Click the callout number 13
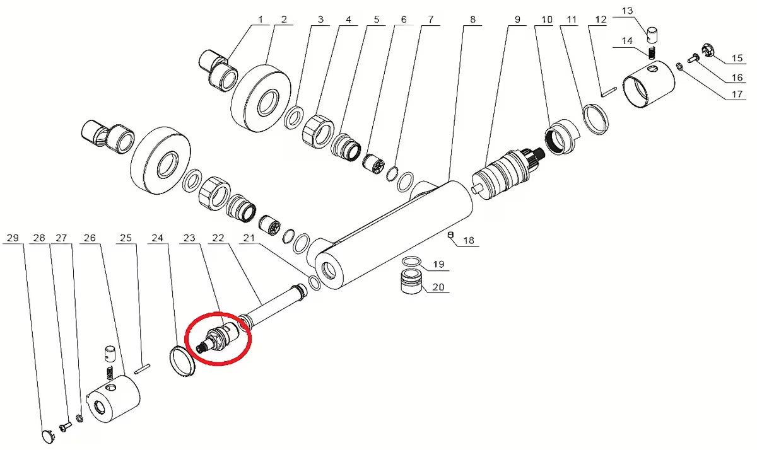point(627,11)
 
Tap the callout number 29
point(13,238)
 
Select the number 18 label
point(469,240)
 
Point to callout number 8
point(472,20)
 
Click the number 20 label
point(438,287)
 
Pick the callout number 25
point(126,238)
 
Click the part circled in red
point(218,340)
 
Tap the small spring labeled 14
point(652,53)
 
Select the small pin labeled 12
point(609,92)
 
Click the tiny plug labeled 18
point(450,234)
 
